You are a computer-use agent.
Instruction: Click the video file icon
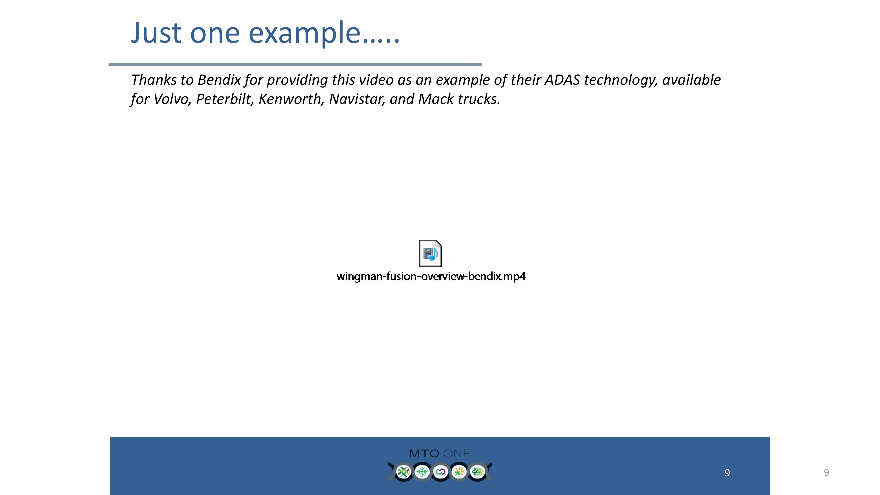[431, 253]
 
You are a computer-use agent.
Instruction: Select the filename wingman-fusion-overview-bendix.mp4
[431, 276]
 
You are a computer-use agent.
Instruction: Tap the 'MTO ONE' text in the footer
[439, 454]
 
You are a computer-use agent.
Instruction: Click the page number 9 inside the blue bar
[727, 473]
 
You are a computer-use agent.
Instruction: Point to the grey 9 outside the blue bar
[826, 473]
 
